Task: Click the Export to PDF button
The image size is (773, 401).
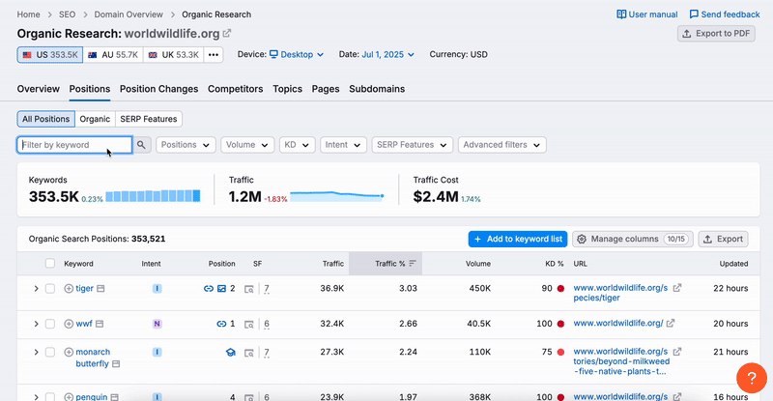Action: coord(716,34)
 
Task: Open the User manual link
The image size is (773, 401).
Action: coord(646,14)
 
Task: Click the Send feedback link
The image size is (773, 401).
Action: coord(724,14)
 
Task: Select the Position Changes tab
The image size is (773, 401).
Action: coord(158,89)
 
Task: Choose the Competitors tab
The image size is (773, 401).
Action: coord(236,89)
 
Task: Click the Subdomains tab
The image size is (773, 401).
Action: coord(377,89)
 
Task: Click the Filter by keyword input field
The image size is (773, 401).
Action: coord(74,145)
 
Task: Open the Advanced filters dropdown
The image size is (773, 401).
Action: coord(502,145)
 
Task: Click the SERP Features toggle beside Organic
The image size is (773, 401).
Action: coord(149,119)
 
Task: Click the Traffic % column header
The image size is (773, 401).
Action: coord(390,263)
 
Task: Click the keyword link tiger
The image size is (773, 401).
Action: coord(85,288)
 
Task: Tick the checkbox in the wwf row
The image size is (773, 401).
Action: coord(50,324)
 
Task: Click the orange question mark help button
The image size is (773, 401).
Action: coord(752,378)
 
